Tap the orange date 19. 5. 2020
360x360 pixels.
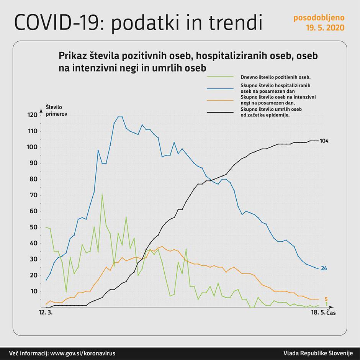click(x=325, y=28)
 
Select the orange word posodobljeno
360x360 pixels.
click(x=319, y=18)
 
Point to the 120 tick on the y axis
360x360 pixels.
click(x=32, y=115)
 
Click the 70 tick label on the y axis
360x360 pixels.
click(x=34, y=195)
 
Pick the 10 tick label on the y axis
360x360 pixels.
click(x=34, y=291)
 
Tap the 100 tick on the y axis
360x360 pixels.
click(x=32, y=147)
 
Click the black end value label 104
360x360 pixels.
click(x=324, y=141)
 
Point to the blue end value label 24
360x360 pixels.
click(x=324, y=268)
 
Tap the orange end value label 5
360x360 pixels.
click(x=326, y=299)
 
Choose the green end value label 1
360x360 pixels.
click(x=326, y=304)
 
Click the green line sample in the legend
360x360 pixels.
click(x=220, y=77)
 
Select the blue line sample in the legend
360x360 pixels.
click(x=220, y=88)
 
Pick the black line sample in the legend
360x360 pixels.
click(x=220, y=112)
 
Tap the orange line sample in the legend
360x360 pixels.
click(x=220, y=100)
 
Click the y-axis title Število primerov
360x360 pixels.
click(x=56, y=110)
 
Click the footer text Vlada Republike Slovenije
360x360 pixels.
click(x=317, y=353)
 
